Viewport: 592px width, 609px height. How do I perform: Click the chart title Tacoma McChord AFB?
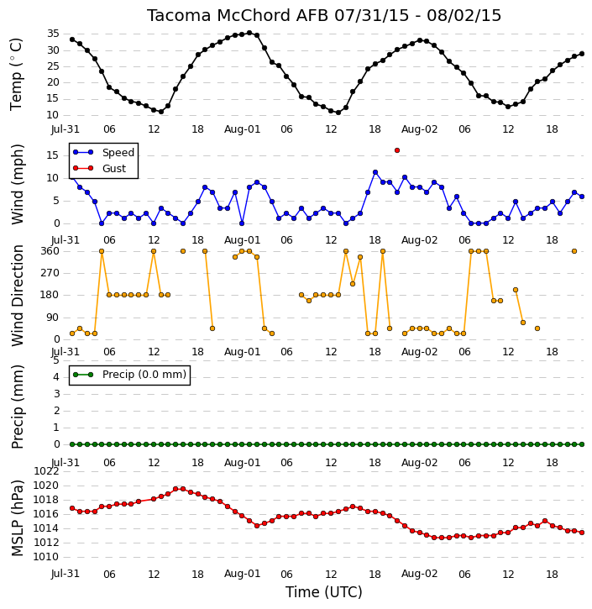coord(237,15)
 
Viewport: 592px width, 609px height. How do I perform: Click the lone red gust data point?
coord(396,150)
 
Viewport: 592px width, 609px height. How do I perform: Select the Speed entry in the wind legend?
coord(103,152)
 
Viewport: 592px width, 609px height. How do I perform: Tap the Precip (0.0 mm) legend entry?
coord(129,375)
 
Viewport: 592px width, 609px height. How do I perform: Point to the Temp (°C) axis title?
coord(16,74)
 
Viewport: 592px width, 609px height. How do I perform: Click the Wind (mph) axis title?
coord(17,185)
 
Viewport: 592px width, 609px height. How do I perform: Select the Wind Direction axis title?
coord(17,295)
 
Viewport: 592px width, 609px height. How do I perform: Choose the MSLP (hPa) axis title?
coord(17,517)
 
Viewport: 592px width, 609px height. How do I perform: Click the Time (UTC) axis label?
coord(324,592)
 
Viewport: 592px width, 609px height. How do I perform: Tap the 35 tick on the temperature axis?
coord(53,34)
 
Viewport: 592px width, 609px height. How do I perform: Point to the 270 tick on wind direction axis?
coord(50,273)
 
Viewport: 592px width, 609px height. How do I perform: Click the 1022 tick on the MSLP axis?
coord(46,471)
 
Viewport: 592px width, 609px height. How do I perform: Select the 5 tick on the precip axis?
coord(56,360)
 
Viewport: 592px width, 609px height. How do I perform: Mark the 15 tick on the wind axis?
coord(53,155)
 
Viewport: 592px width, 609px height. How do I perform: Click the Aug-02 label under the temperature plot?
coord(419,129)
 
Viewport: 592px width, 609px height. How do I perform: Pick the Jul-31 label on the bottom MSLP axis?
coord(65,574)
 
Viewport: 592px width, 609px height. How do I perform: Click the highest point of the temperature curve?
coord(249,33)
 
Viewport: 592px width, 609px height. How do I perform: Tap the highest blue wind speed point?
coord(375,172)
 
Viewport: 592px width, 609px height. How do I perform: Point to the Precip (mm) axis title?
coord(17,407)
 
